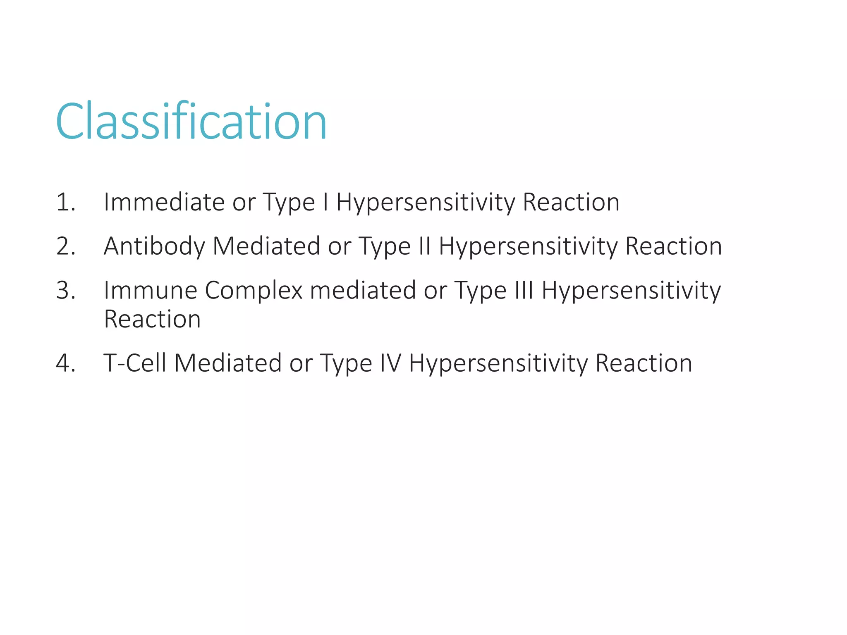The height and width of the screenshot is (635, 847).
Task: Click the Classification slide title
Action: (x=191, y=122)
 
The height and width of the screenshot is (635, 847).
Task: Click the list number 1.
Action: (x=66, y=203)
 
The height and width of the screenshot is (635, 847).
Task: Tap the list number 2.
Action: (x=66, y=246)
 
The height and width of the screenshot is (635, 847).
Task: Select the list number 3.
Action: (x=66, y=290)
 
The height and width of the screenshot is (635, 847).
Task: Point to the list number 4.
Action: (x=66, y=363)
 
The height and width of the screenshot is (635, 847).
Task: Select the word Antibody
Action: (x=154, y=246)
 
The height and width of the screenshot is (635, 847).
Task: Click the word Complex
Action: (x=254, y=290)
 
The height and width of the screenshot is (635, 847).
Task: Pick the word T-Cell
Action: (x=135, y=363)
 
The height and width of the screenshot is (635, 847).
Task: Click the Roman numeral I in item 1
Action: (x=326, y=203)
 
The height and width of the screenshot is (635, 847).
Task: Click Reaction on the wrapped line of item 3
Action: (x=152, y=320)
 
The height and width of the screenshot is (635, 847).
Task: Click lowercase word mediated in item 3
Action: (x=363, y=290)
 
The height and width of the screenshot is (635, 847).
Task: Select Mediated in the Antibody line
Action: (x=266, y=246)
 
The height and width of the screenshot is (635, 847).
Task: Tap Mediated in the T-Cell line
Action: (x=228, y=363)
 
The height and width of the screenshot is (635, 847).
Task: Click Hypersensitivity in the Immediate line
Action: (x=426, y=203)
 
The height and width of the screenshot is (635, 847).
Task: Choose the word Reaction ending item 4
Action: (x=644, y=363)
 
